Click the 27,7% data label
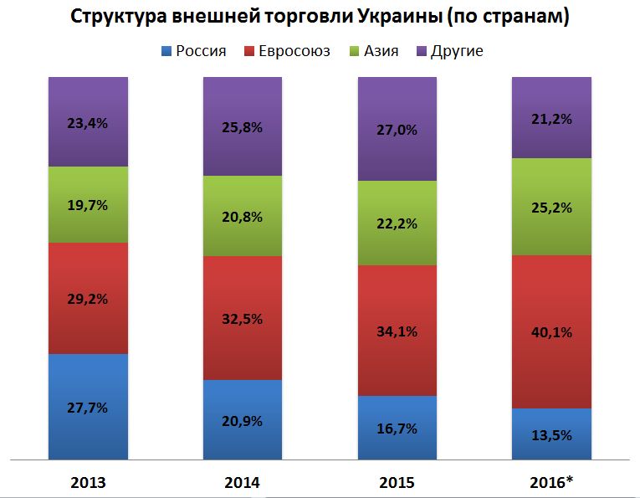tap(88, 408)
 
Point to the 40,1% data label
tap(550, 332)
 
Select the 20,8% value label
tap(243, 217)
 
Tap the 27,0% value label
tap(397, 130)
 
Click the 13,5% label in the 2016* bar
tap(550, 434)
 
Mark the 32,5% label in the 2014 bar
tap(243, 318)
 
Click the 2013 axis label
tap(88, 482)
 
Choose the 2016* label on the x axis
tap(552, 482)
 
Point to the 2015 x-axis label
tap(397, 482)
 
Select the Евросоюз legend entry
tap(289, 51)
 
